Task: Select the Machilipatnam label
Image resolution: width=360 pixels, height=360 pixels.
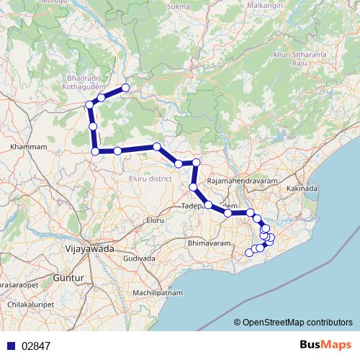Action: [x=161, y=293]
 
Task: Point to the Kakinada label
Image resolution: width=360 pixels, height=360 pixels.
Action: [x=301, y=189]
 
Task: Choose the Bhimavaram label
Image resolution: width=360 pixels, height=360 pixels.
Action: [x=208, y=245]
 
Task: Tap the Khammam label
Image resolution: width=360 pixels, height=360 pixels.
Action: [x=29, y=147]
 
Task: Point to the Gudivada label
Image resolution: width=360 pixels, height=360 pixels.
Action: [x=140, y=258]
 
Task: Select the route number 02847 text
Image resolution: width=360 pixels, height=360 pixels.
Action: [x=35, y=346]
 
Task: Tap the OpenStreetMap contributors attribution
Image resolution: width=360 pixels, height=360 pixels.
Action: [x=297, y=323]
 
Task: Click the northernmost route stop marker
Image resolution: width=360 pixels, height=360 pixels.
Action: [x=125, y=88]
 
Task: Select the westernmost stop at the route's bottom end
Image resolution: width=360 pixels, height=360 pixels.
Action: [x=249, y=252]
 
